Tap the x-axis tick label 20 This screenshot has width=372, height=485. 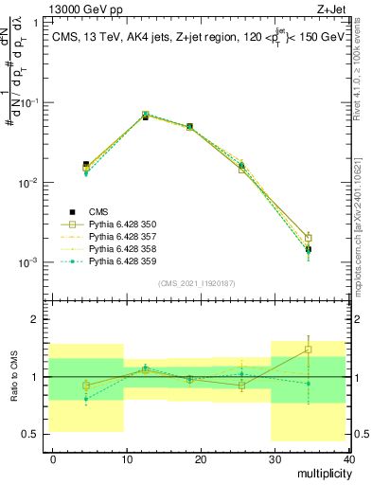pos(201,458)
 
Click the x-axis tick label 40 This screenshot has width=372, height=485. pos(348,458)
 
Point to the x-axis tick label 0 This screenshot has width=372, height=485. pos(53,458)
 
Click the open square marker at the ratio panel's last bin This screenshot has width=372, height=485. pos(334,350)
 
